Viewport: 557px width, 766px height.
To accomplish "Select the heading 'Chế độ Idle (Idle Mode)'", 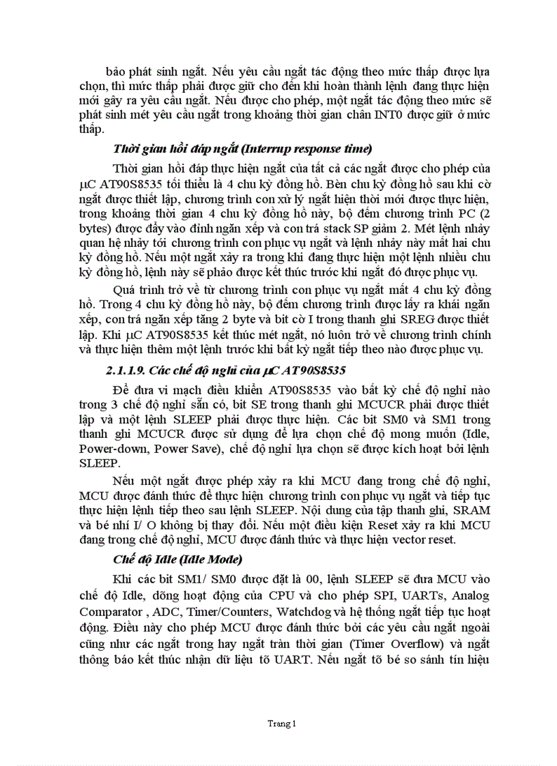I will click(177, 560).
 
